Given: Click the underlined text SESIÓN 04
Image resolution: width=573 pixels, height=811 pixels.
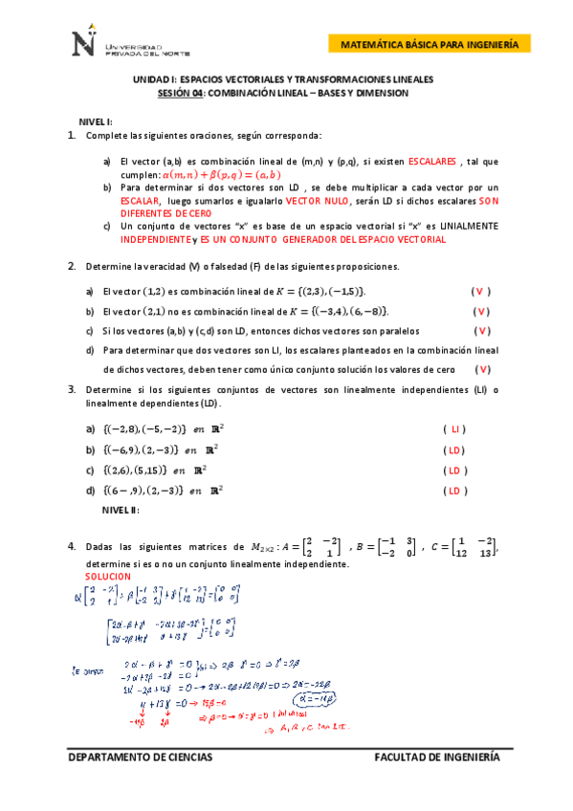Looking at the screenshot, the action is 181,94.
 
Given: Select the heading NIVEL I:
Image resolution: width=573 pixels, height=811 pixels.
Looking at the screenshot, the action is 96,121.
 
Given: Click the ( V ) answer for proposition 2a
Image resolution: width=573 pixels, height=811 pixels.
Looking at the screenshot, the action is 481,290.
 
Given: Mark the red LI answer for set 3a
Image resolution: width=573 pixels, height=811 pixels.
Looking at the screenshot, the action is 456,429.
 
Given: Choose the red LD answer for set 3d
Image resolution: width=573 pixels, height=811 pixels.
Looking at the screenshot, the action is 456,491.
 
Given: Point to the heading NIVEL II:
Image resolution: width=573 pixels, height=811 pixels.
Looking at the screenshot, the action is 120,510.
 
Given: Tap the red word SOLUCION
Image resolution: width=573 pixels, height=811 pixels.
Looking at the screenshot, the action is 107,578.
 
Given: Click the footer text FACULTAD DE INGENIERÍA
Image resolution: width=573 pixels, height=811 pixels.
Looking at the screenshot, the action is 436,757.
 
